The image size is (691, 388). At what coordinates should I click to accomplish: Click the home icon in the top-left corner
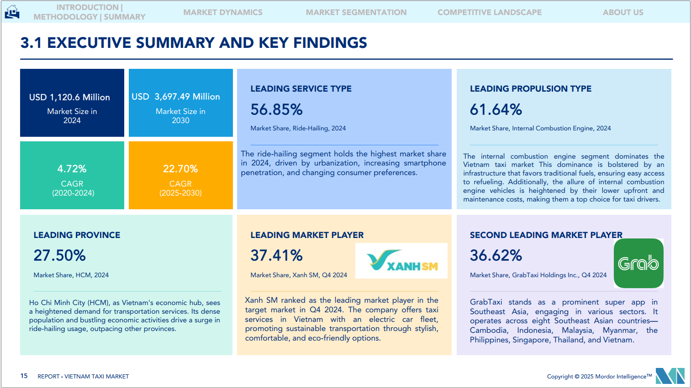click(12, 12)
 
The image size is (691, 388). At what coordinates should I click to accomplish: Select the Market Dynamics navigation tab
click(223, 12)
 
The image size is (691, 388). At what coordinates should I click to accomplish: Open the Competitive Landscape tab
click(490, 12)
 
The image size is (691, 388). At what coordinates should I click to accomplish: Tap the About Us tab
click(623, 12)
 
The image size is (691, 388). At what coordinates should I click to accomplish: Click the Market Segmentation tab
click(356, 12)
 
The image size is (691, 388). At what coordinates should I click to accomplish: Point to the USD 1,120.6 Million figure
click(69, 97)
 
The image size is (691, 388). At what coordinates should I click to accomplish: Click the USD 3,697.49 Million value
click(176, 97)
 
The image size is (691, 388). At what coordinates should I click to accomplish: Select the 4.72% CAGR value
click(72, 169)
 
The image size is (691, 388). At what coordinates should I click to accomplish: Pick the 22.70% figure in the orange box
click(180, 169)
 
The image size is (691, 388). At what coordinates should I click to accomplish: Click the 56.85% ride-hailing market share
click(276, 109)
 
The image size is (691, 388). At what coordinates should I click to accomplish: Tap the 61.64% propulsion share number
click(496, 109)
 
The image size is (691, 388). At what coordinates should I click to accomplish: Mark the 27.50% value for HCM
click(59, 255)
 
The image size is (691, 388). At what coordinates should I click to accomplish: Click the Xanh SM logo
click(401, 261)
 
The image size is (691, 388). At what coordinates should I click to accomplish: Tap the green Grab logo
click(638, 263)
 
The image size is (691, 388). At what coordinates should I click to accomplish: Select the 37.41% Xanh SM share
click(276, 255)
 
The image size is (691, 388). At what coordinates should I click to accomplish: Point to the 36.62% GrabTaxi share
click(496, 255)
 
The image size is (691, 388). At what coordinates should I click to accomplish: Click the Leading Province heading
click(77, 235)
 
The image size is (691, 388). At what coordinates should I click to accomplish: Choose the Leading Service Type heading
click(301, 88)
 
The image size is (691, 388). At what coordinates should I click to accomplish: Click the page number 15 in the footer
click(24, 376)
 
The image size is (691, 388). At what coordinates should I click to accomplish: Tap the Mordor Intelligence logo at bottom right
click(670, 376)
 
